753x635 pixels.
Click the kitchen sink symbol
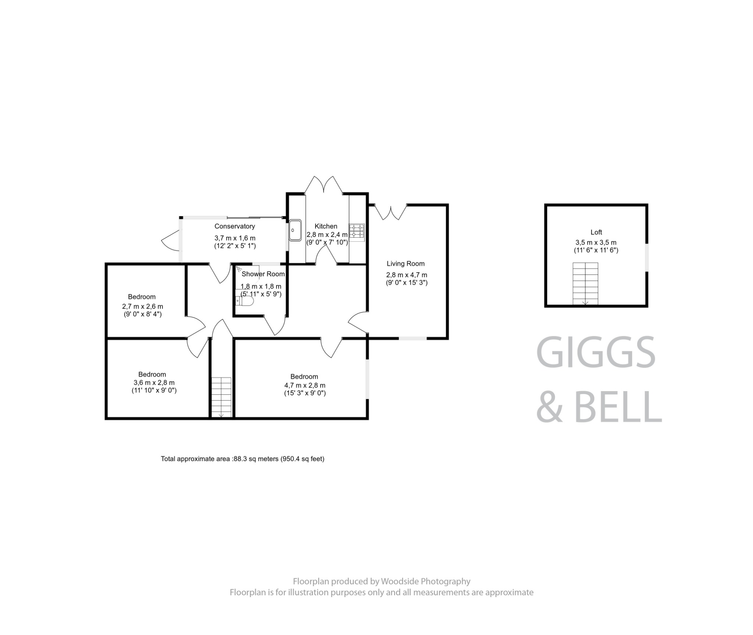(295, 230)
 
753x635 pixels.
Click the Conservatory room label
(235, 226)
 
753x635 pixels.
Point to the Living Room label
(405, 263)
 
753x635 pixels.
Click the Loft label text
(596, 232)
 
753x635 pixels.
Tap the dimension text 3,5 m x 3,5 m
(596, 242)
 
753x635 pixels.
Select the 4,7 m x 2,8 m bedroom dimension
(305, 386)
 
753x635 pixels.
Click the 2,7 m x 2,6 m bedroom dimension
(143, 306)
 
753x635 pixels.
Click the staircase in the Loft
(585, 283)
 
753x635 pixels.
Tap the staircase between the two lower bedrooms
(221, 397)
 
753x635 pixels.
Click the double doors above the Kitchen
(324, 184)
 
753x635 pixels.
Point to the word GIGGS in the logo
(596, 352)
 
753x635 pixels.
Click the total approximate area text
(242, 459)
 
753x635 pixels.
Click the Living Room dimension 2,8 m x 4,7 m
(406, 275)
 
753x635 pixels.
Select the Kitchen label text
(326, 226)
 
